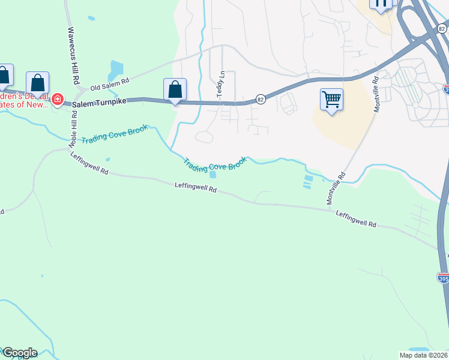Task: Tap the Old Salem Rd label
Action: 110,84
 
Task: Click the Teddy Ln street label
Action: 220,88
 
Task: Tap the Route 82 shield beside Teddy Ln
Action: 260,99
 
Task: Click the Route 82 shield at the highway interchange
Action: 442,28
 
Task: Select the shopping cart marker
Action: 331,99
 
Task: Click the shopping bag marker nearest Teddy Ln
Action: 175,90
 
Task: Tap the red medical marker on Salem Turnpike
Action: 58,99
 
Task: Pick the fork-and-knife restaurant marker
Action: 381,4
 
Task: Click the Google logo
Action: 19,353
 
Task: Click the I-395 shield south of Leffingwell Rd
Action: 443,278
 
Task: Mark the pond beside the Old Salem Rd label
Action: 116,70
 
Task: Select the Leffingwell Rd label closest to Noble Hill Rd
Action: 89,164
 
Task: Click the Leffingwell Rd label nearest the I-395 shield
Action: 355,218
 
